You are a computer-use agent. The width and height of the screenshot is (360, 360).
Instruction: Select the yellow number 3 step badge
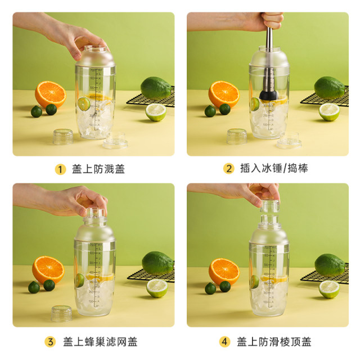[x=51, y=342]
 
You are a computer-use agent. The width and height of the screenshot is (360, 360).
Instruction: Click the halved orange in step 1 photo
[x=50, y=94]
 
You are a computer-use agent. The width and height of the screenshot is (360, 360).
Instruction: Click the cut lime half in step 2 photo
[x=329, y=112]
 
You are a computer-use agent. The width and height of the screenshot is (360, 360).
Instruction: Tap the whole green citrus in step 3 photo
[x=157, y=263]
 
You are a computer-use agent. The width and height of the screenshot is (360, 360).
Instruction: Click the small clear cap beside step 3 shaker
[x=61, y=313]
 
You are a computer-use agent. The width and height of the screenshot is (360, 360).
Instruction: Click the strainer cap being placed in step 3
[x=95, y=214]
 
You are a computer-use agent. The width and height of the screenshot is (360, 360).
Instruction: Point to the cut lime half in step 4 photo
[x=329, y=289]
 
